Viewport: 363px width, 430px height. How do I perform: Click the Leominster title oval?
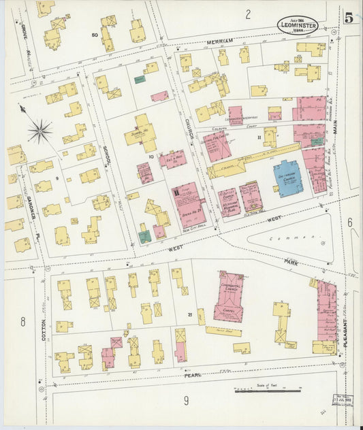click(297, 25)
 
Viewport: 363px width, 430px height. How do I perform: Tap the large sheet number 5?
click(347, 18)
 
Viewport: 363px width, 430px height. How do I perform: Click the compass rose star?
click(40, 130)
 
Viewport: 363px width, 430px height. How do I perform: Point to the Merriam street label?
click(220, 42)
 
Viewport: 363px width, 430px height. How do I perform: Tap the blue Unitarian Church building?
click(288, 177)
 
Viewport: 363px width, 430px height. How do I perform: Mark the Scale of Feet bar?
click(268, 391)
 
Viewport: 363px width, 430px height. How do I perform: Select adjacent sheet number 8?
click(22, 321)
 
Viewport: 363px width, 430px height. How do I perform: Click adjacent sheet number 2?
click(248, 14)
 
